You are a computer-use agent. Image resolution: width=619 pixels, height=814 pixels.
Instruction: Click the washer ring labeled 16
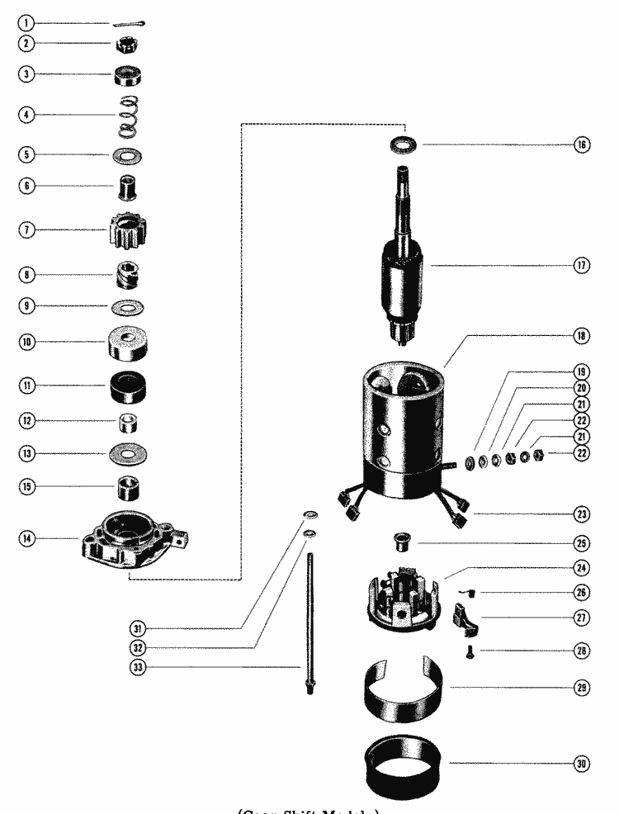point(404,144)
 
